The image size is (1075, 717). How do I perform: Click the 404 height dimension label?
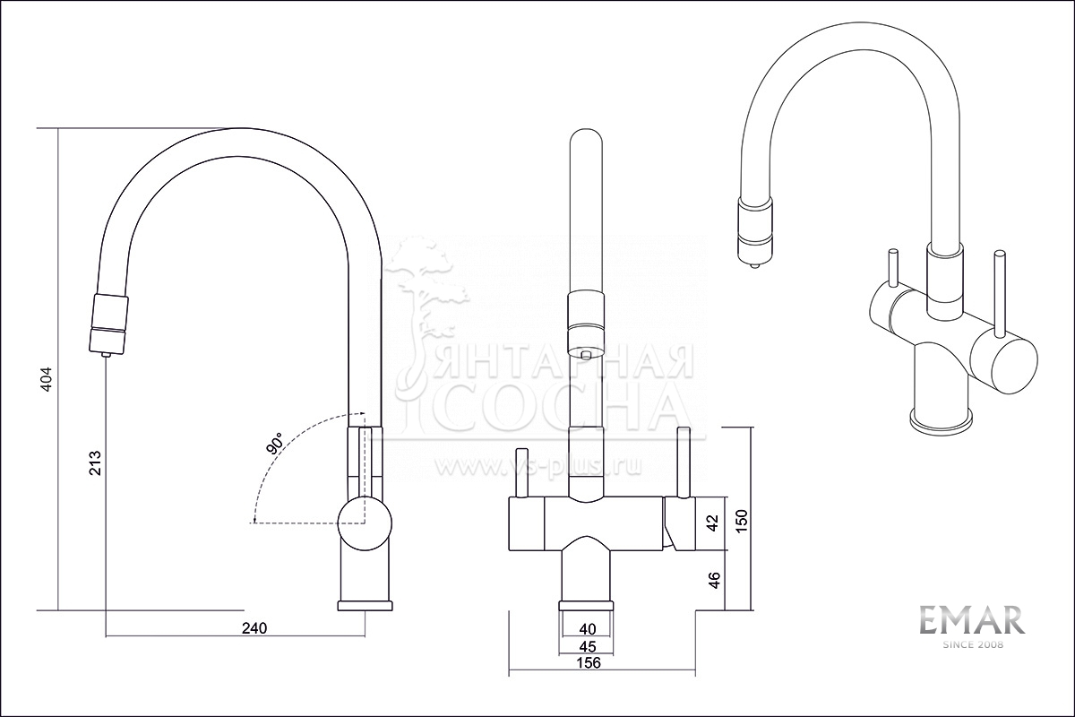tap(46, 379)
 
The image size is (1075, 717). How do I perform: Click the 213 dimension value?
tap(95, 462)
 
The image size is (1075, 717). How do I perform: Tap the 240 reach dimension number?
tap(254, 628)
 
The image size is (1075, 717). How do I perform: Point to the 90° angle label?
tap(276, 443)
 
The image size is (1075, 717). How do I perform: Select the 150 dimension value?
tap(742, 521)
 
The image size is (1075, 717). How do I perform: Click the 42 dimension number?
tap(713, 523)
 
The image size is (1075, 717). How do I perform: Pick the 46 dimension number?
tap(714, 580)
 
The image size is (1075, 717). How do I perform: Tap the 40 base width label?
tap(588, 628)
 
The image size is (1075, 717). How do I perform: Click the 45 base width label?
tap(588, 646)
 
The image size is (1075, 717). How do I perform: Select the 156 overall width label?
tap(589, 662)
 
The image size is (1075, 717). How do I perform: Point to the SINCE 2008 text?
tap(972, 645)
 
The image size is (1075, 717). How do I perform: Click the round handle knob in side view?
tap(365, 523)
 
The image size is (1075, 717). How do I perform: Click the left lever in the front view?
tap(521, 473)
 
